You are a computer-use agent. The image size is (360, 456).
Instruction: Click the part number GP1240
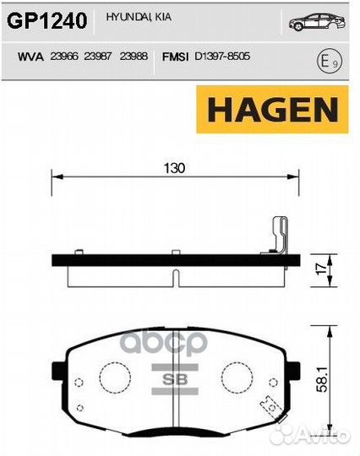47,21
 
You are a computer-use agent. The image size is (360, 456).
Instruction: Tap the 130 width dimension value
174,167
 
